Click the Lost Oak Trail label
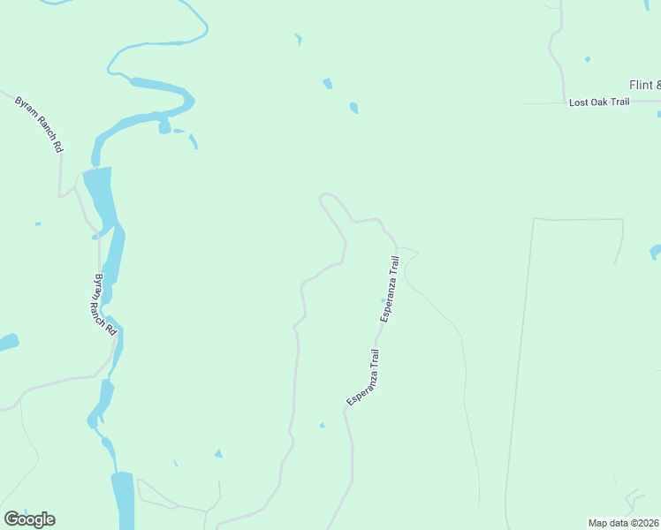598,102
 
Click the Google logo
29,519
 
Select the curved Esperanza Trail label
363,378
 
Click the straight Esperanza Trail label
391,288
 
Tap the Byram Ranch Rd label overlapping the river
105,304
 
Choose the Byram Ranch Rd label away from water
39,125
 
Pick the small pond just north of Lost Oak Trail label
587,60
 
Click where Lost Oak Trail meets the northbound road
565,103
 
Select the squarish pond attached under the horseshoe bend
164,127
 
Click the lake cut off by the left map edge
7,342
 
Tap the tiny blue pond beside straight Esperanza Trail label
382,300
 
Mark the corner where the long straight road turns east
534,218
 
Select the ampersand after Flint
657,85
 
